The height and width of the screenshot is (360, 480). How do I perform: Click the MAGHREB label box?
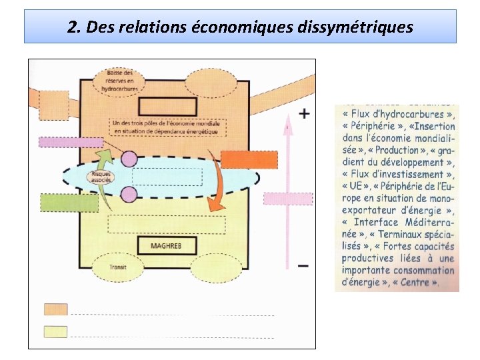[x=166, y=246]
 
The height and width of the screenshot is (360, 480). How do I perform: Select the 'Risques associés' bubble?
[x=101, y=177]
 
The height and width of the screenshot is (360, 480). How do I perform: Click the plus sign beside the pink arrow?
[x=304, y=114]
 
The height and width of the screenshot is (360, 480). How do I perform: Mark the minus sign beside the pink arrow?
[x=303, y=265]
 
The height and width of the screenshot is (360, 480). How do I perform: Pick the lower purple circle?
[x=129, y=194]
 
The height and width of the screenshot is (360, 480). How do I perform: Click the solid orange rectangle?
[x=248, y=160]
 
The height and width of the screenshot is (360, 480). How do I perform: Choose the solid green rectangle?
[x=59, y=202]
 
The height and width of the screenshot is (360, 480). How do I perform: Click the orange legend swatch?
[x=55, y=309]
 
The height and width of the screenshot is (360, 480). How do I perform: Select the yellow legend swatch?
[x=55, y=331]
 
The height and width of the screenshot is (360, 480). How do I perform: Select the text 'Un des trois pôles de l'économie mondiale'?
[x=169, y=123]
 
